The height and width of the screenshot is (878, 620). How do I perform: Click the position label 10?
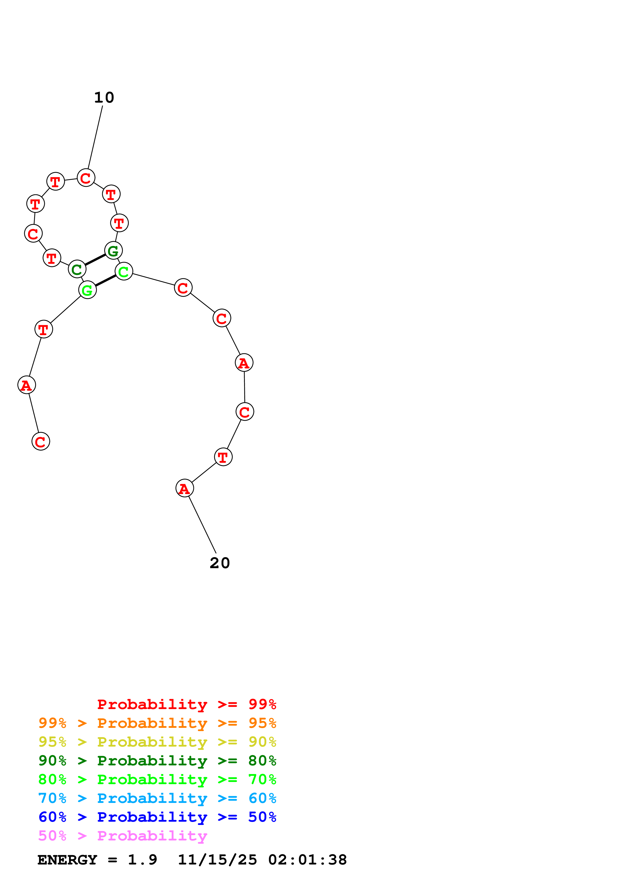104,98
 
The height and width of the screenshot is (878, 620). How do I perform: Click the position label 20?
220,563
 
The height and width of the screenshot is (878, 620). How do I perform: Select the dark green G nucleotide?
114,251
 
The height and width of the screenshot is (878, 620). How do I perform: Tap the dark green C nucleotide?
77,269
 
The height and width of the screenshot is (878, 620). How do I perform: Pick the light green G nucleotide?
88,290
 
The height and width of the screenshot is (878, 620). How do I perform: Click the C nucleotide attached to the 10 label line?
86,178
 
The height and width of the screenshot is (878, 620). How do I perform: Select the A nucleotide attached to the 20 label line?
185,488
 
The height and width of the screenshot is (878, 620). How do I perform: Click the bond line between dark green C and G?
95,260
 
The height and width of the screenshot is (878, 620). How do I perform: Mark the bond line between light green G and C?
106,281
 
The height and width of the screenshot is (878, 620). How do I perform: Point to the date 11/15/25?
217,860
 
